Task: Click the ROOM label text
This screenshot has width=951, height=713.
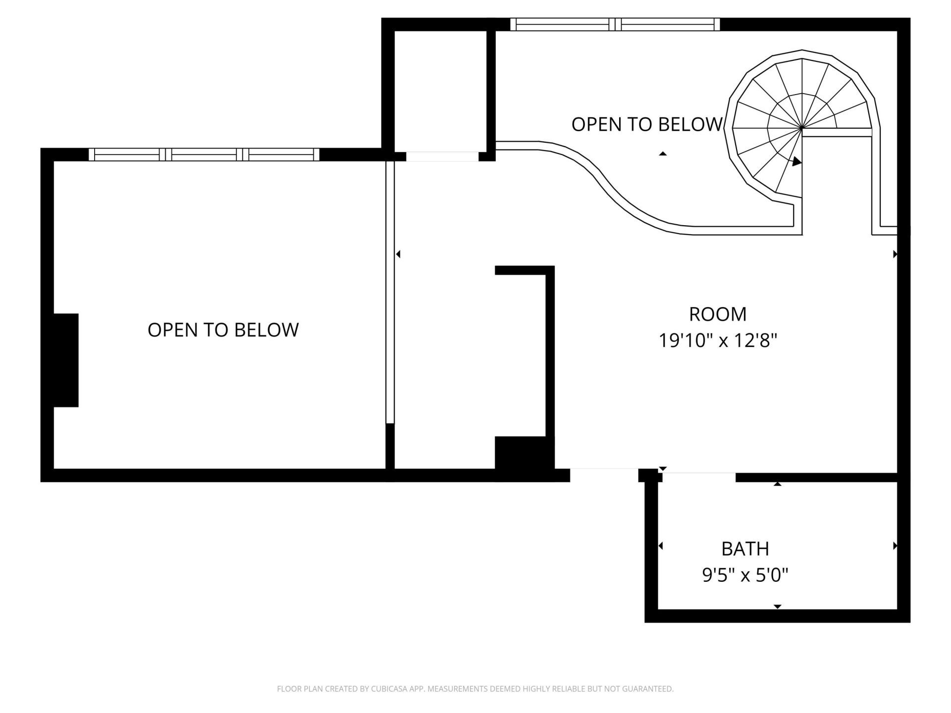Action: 718,314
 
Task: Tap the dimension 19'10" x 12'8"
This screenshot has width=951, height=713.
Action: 718,341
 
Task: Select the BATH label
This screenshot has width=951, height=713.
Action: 745,549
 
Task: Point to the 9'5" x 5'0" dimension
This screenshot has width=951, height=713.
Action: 745,575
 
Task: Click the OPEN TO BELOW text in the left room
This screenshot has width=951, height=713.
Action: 223,330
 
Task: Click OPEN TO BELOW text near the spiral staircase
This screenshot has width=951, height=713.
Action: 646,124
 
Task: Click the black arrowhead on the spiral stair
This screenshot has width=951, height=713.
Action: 796,161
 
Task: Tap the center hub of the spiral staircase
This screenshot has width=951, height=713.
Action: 801,128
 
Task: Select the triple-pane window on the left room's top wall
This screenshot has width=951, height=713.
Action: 204,154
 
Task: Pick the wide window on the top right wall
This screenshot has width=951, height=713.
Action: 615,24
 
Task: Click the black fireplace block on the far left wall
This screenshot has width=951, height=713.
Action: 66,360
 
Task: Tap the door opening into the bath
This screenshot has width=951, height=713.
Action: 699,477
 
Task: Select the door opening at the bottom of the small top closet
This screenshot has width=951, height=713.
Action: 442,156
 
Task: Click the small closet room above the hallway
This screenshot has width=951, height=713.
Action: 440,89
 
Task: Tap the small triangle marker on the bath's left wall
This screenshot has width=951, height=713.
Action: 661,546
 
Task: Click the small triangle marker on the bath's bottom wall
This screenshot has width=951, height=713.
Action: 777,607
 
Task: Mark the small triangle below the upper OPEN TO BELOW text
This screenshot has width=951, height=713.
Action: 663,154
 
